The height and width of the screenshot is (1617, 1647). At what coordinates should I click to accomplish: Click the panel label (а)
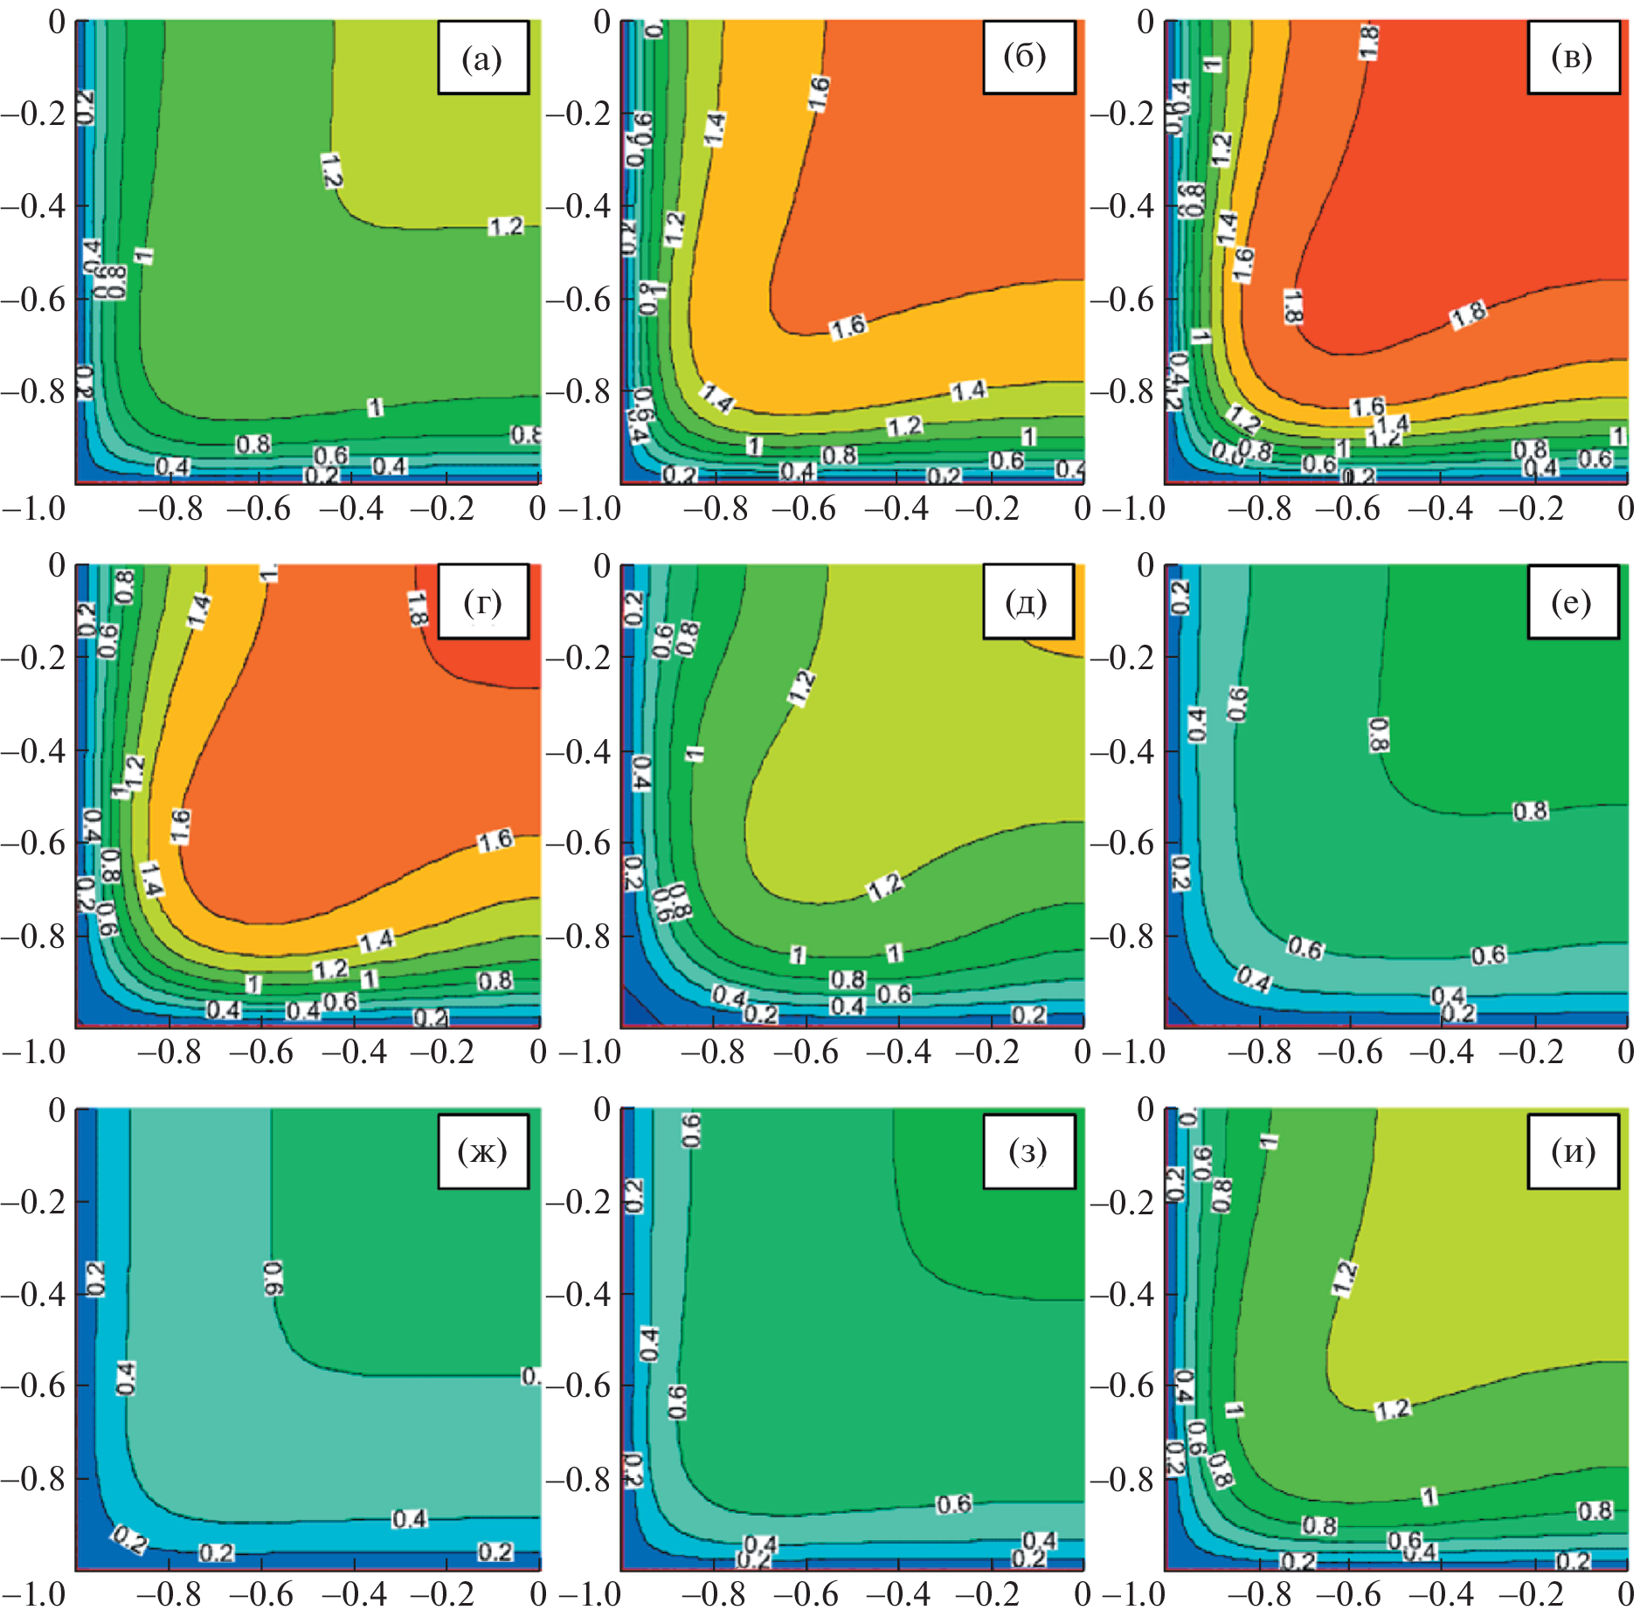coord(482,58)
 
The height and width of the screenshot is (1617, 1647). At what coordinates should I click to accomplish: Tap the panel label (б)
coord(1028,58)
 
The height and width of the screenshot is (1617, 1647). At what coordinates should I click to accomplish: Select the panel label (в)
coord(1572,58)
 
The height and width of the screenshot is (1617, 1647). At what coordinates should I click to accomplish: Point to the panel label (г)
coord(482,602)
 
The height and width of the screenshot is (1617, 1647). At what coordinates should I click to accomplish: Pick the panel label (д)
coord(1028,602)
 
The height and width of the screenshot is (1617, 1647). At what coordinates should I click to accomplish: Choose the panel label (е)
coord(1572,602)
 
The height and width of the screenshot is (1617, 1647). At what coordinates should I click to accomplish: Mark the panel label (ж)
coord(482,1151)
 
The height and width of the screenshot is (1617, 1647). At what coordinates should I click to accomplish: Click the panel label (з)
coord(1028,1151)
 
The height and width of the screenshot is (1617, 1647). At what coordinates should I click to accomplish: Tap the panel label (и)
coord(1572,1151)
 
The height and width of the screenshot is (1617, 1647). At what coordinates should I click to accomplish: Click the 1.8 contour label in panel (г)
coord(417,608)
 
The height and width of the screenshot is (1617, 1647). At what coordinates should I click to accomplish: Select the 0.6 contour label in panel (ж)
coord(273,1278)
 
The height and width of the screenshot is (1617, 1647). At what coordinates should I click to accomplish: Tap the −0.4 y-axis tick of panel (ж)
coord(33,1294)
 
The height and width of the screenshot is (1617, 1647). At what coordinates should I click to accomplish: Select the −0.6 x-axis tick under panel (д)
coord(805,1052)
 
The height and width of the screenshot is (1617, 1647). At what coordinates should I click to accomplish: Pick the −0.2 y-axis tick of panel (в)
coord(1123,114)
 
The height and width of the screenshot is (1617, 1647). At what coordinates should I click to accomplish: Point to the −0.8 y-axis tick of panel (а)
coord(33,391)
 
